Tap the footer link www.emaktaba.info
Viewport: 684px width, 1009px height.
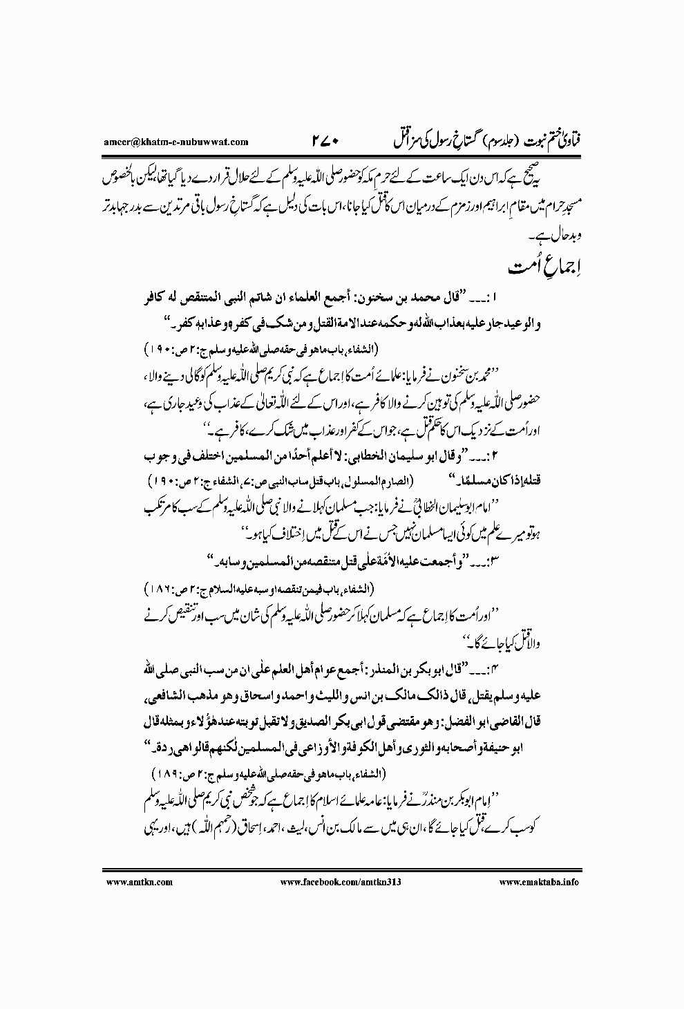pyautogui.click(x=540, y=882)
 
